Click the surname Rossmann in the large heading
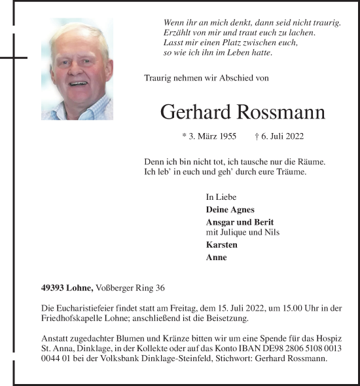(x=283, y=112)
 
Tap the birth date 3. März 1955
(x=209, y=137)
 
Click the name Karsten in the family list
(x=221, y=244)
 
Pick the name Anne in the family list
(x=216, y=258)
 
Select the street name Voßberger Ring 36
(x=130, y=287)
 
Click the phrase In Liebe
(x=221, y=197)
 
